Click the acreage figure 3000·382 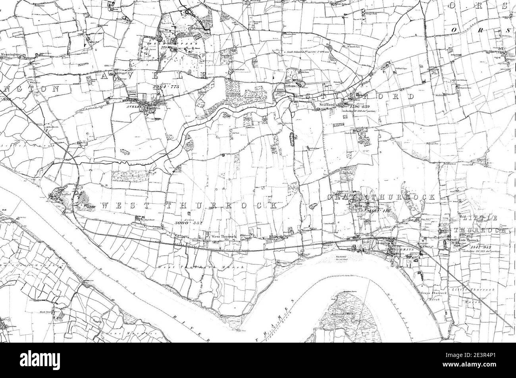189,223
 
